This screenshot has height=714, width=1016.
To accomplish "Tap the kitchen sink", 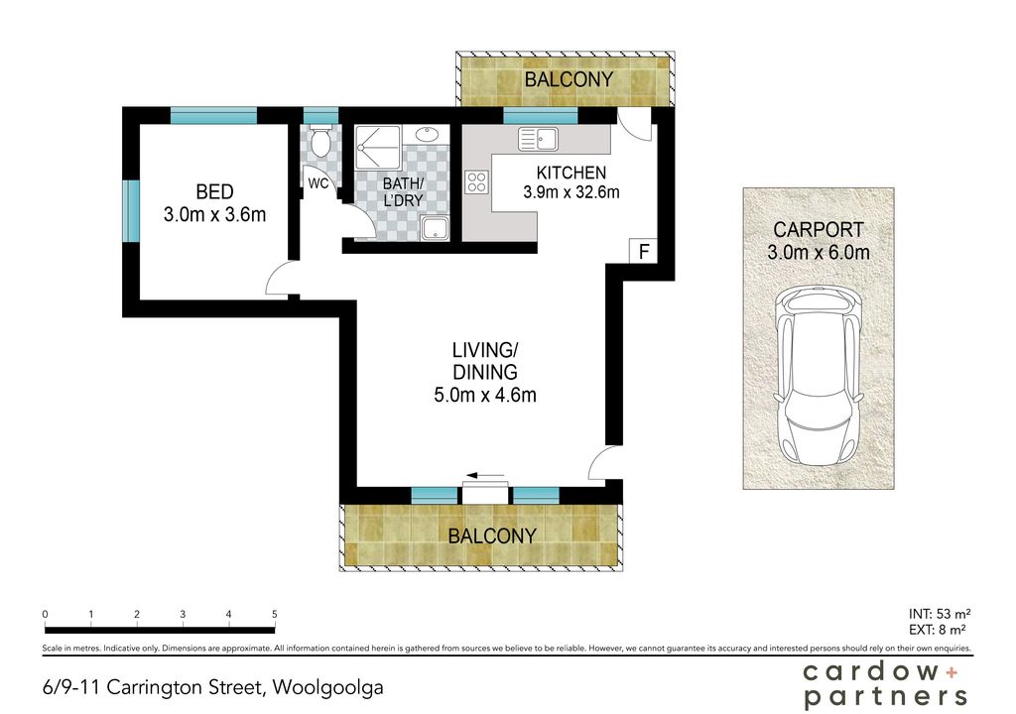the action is tap(538, 139).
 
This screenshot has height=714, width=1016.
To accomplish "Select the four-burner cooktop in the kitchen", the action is tap(477, 181).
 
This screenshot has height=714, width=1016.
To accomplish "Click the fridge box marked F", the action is tap(643, 251).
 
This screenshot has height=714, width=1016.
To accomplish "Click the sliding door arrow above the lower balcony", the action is tap(484, 476).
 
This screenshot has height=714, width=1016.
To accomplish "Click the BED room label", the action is tap(214, 191).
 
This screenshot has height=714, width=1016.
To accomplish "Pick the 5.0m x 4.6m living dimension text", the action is tap(484, 394).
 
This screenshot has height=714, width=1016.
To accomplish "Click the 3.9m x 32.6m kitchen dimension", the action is tap(571, 192).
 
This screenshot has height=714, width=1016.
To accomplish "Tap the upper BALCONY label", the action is tap(569, 79).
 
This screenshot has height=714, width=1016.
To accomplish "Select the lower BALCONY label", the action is tap(492, 535).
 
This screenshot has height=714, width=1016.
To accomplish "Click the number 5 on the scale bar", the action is tap(275, 614).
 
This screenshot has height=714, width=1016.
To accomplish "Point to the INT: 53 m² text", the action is tap(940, 614).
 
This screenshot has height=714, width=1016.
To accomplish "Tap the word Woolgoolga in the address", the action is tap(327, 688).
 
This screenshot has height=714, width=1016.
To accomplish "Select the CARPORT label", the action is tap(819, 229).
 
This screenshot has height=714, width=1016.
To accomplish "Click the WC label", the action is tap(318, 183).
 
